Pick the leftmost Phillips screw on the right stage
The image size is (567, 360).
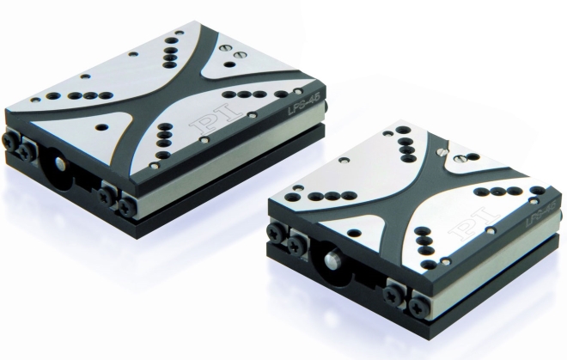tap(277, 232)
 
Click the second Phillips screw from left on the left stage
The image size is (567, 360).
tap(29, 144)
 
